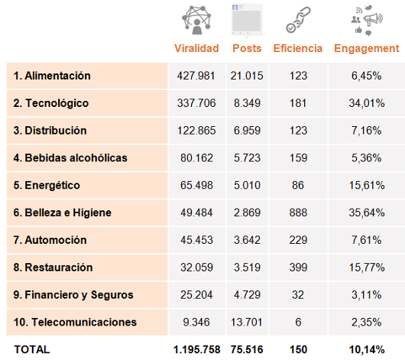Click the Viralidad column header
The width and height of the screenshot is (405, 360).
coord(196,48)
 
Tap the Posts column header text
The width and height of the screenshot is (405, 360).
coord(247,48)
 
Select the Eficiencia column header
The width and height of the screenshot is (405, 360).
coord(298,48)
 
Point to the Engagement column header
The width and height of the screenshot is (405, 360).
coord(367,49)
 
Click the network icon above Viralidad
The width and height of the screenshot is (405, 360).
coord(196,20)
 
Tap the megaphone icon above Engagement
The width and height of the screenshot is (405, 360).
coord(367,20)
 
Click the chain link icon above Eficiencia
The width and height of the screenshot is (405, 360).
coord(298,20)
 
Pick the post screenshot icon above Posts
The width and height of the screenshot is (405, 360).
coord(247,20)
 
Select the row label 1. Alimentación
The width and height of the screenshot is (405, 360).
coord(52,76)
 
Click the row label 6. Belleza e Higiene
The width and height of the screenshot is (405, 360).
coord(62,212)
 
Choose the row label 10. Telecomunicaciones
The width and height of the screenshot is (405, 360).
coord(75,323)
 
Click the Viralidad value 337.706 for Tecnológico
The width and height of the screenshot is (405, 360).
coord(196,103)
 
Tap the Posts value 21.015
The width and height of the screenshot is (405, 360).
coord(247,76)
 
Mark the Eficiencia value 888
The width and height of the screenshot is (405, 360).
coord(298,212)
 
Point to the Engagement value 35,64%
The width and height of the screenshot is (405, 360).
coord(367,212)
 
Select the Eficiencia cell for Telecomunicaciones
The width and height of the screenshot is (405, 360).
coord(298,323)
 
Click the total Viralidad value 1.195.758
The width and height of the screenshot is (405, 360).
coord(196,349)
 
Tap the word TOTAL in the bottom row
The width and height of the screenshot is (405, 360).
coord(32,349)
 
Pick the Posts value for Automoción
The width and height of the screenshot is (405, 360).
coord(247,240)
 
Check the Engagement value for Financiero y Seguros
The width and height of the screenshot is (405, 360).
coord(367,295)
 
